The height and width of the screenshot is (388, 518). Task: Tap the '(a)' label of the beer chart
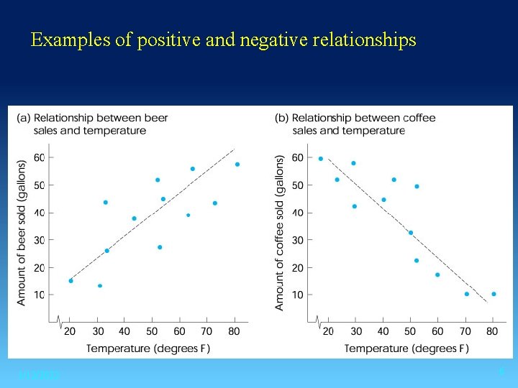click(24, 118)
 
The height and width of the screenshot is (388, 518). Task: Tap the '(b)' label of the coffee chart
click(282, 118)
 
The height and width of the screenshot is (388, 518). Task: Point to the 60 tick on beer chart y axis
click(40, 158)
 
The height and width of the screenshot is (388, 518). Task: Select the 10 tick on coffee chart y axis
click(297, 295)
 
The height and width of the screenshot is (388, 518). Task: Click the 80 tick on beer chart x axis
click(234, 331)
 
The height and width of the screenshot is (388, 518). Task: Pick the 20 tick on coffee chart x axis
click(328, 331)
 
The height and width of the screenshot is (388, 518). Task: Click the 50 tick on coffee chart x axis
click(410, 331)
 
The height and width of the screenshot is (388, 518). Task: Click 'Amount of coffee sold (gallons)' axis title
click(280, 234)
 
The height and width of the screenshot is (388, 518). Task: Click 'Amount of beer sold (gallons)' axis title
click(22, 234)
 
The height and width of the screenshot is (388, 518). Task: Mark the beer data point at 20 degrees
click(71, 281)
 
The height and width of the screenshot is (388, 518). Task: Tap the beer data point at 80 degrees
click(237, 165)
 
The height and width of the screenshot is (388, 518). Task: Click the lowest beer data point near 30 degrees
click(100, 286)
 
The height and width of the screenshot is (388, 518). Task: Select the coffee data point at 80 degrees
click(494, 294)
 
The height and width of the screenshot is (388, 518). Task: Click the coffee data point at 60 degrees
click(437, 274)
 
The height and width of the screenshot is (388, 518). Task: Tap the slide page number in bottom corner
click(501, 372)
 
